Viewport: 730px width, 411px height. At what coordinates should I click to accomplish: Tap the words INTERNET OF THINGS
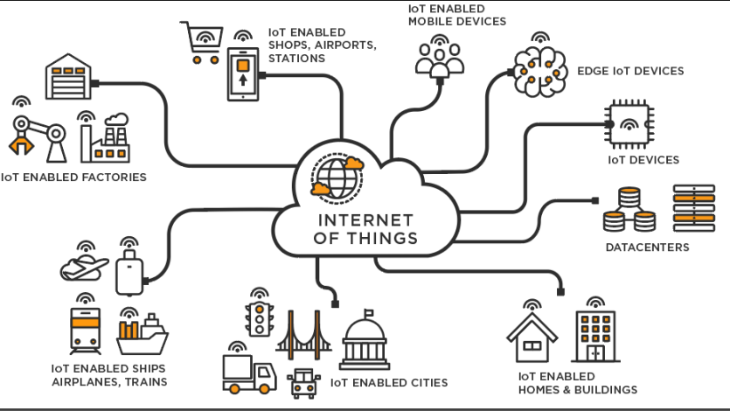coord(367,228)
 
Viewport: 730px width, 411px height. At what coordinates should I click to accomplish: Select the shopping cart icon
coord(200,43)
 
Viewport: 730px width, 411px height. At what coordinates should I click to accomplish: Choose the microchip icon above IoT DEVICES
coord(629,125)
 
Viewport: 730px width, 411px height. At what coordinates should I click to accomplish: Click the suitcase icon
coord(129,272)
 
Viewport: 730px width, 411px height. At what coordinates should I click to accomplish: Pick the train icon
coord(85,329)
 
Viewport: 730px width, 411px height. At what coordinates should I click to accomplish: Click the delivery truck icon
coord(244,372)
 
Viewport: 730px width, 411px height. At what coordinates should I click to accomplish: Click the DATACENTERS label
coord(647,247)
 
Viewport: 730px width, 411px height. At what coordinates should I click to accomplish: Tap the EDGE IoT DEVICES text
coord(630,71)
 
